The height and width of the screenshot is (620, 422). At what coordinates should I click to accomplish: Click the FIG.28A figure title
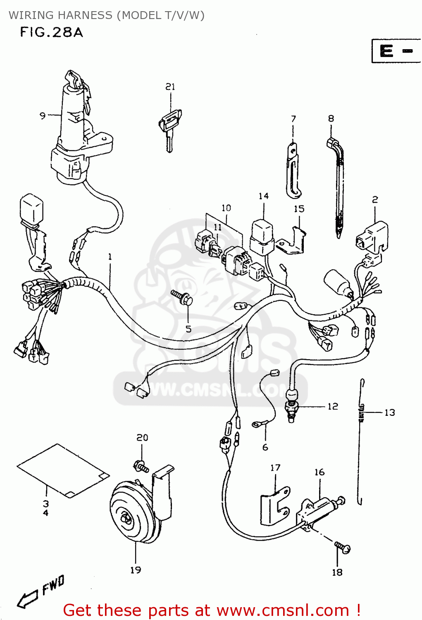pos(51,32)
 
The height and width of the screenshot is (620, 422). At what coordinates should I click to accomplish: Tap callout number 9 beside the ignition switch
pos(42,115)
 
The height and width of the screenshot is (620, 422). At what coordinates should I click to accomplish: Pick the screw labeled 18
pos(343,547)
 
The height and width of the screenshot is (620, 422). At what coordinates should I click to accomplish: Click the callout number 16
pos(319,472)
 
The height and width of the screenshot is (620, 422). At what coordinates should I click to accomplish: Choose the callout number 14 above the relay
pos(264,196)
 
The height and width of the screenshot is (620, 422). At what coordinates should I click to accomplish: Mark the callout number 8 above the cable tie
pos(331,119)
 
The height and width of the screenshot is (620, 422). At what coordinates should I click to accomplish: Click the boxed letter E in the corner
pos(387,51)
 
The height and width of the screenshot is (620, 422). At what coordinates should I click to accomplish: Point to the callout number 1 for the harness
pos(110,257)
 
